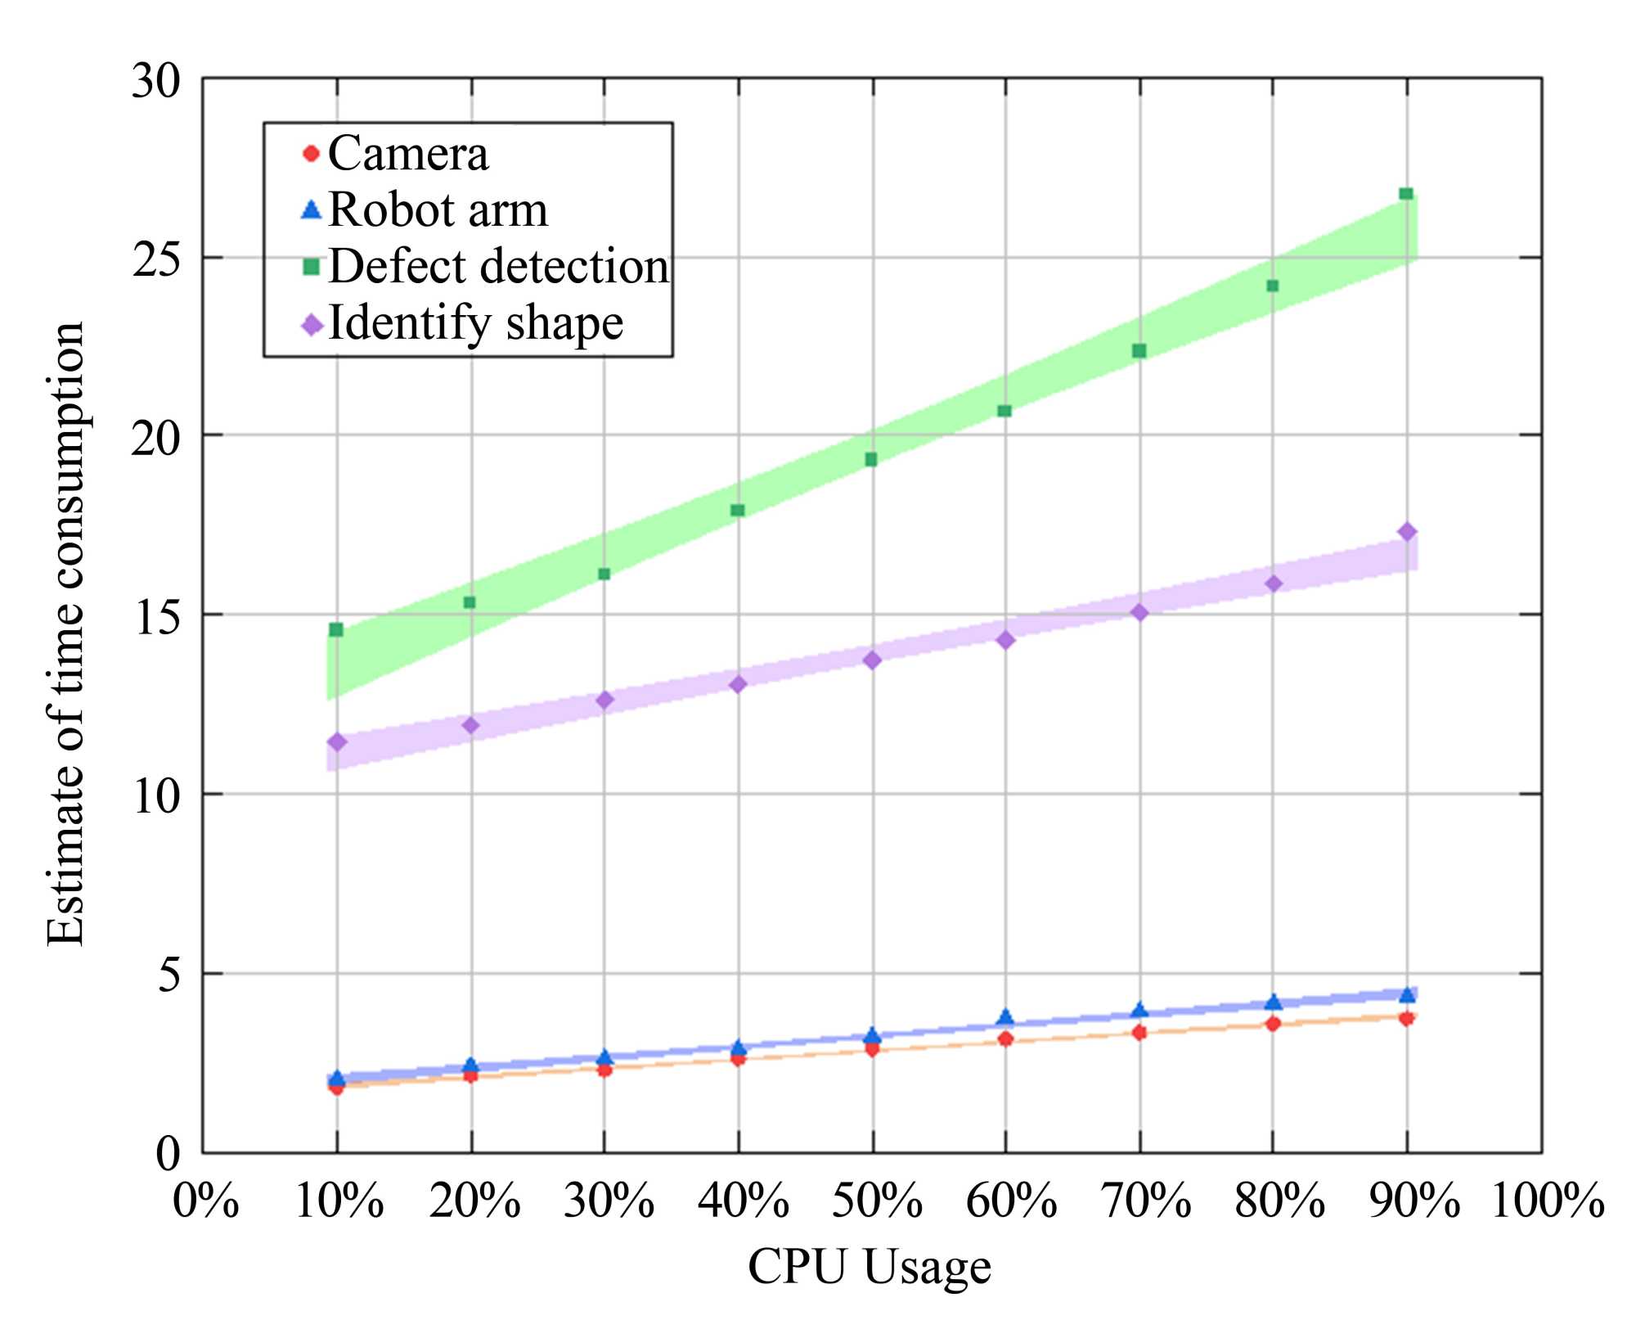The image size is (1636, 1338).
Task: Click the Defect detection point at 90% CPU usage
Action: pos(1406,194)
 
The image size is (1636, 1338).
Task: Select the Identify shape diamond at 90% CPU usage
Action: pos(1407,532)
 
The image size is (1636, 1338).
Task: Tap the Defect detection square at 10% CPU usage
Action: pos(336,629)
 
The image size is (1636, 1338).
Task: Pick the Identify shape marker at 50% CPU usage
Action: pos(872,660)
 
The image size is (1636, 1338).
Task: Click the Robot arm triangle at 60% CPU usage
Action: pos(1005,1017)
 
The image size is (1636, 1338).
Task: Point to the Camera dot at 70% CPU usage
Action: pos(1139,1033)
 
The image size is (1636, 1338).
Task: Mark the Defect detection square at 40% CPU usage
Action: pos(738,511)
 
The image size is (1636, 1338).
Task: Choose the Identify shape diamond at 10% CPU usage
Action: pos(337,742)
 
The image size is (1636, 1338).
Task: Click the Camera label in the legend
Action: pos(408,153)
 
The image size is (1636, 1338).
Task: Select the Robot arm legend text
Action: pos(438,209)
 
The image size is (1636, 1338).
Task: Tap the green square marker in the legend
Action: pos(311,266)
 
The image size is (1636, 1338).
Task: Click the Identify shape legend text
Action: pos(475,322)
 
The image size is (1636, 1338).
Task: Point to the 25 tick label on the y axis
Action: pos(156,260)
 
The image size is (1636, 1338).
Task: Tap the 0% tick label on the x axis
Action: pos(205,1201)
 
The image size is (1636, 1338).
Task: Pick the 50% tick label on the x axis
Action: pos(877,1201)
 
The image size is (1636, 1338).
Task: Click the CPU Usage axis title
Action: pos(870,1267)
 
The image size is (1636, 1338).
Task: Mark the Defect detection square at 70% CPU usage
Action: pos(1139,351)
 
